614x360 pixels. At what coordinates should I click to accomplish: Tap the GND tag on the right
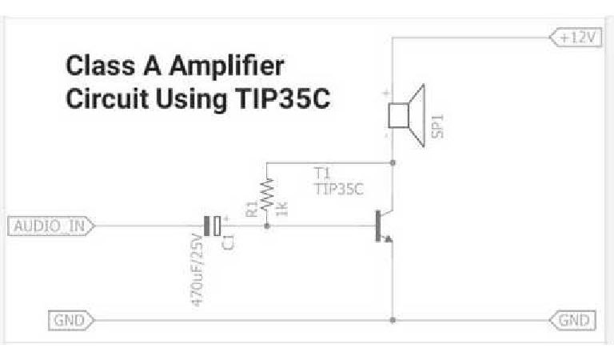tap(572, 321)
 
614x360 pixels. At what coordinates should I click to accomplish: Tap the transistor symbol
tap(384, 226)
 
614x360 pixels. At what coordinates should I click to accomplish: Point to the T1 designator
tap(322, 173)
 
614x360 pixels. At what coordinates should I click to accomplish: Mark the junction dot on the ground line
tap(393, 321)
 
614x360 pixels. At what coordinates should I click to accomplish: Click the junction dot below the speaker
tap(393, 162)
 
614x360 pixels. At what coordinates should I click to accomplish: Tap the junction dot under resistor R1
tap(266, 226)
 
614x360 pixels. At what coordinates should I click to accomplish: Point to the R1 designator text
tap(252, 210)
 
